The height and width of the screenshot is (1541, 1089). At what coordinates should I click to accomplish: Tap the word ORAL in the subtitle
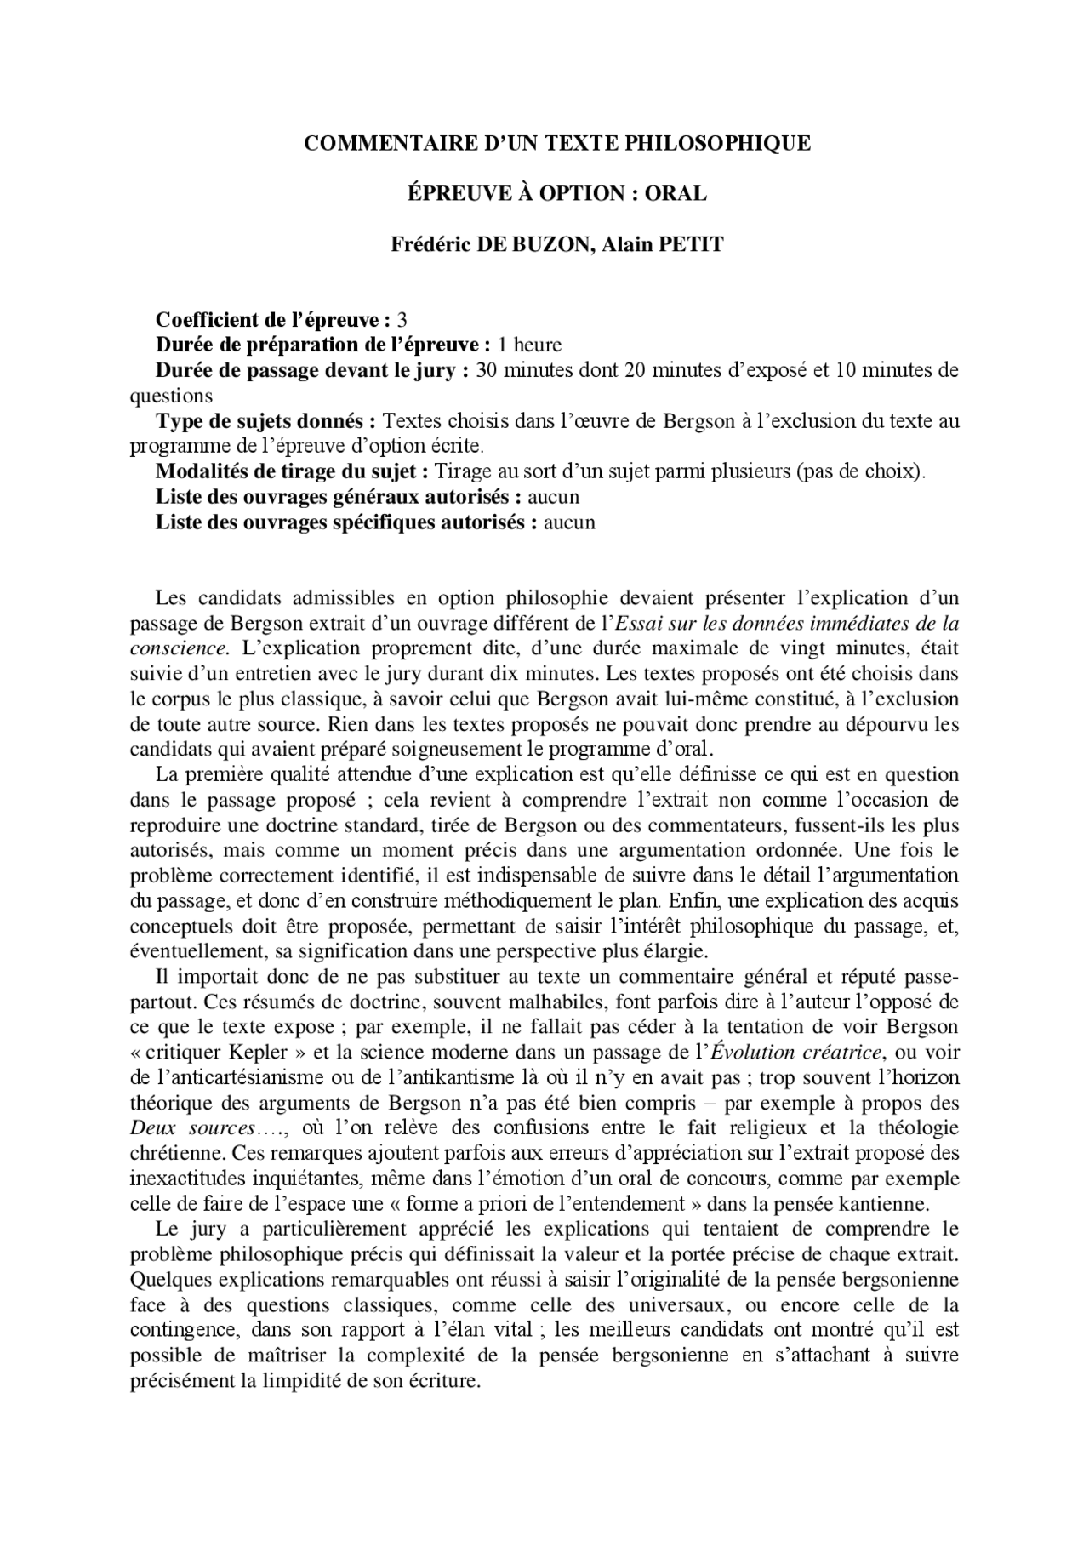676,193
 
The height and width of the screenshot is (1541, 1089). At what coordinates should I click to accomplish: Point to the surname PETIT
693,244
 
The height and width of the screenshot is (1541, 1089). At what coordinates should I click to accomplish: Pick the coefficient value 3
402,320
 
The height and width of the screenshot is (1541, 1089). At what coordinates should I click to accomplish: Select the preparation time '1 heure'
530,345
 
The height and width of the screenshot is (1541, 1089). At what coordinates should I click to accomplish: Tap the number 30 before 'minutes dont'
486,370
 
